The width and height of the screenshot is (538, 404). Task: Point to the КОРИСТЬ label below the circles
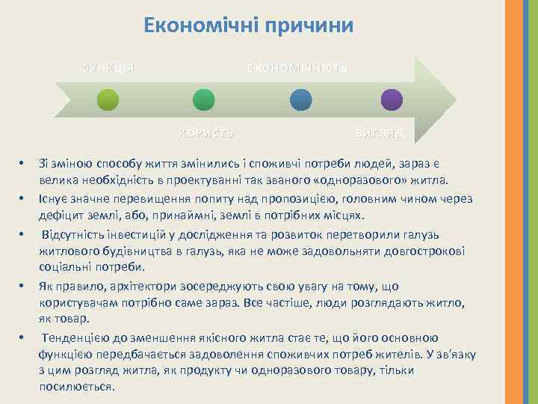click(x=205, y=133)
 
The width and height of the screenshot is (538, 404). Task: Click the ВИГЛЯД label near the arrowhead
click(x=379, y=133)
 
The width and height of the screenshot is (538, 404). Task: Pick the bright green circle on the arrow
click(x=204, y=101)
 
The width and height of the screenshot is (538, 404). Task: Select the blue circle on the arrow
click(x=300, y=101)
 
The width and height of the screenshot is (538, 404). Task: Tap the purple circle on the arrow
click(x=392, y=101)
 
